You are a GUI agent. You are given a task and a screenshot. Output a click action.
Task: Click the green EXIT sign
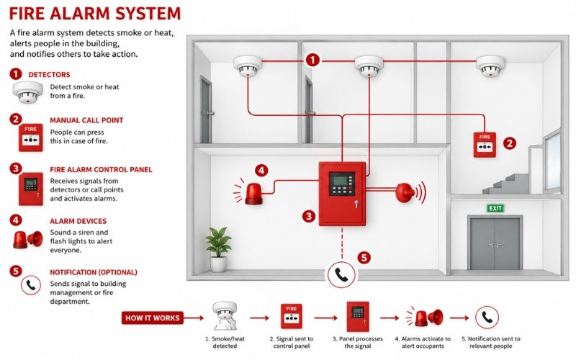tap(495, 208)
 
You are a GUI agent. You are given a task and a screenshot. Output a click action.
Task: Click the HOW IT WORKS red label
tap(153, 318)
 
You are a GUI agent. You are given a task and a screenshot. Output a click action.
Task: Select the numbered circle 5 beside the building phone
tap(364, 258)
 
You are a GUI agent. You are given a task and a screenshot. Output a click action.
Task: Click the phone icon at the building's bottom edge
tap(341, 274)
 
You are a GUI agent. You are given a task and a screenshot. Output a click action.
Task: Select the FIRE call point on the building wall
tap(485, 145)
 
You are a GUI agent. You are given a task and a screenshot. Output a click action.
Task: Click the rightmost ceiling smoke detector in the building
tap(490, 66)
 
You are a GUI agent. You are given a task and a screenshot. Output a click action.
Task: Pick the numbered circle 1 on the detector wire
tap(312, 60)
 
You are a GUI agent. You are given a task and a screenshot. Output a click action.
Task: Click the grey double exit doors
tap(495, 243)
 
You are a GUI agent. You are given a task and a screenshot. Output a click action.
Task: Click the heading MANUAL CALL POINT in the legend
tap(86, 120)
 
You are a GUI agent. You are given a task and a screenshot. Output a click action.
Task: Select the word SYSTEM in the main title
tap(148, 13)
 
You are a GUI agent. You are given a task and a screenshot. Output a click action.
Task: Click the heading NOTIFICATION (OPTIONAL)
tap(94, 272)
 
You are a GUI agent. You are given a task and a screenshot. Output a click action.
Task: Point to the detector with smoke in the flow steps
tap(225, 316)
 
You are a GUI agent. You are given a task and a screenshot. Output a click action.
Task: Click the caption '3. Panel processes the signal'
tap(357, 343)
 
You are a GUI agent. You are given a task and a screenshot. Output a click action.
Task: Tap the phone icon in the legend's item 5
tap(31, 285)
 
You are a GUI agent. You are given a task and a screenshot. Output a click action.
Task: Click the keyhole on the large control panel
tap(356, 203)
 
